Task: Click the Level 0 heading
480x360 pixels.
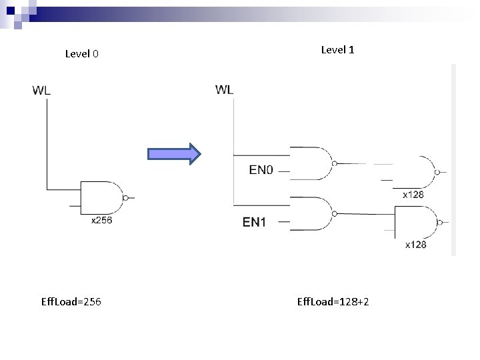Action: pos(82,54)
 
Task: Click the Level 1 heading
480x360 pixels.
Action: pos(338,49)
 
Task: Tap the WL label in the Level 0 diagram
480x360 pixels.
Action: pos(41,91)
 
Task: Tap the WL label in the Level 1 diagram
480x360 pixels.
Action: pos(225,89)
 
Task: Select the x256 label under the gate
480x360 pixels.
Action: pos(101,220)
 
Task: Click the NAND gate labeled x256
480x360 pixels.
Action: pos(102,197)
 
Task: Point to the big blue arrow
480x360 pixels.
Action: pos(174,154)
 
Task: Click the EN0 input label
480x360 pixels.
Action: pos(261,170)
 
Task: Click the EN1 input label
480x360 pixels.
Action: pos(254,222)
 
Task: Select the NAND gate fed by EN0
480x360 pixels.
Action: pos(310,163)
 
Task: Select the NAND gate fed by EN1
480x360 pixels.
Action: pos(310,213)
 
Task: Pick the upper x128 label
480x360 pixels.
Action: pos(413,195)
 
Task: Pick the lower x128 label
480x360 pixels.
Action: pos(415,245)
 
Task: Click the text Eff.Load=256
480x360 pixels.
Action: pos(71,302)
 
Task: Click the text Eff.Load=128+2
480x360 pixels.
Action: pos(333,302)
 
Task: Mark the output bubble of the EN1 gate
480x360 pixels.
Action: pos(335,213)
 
